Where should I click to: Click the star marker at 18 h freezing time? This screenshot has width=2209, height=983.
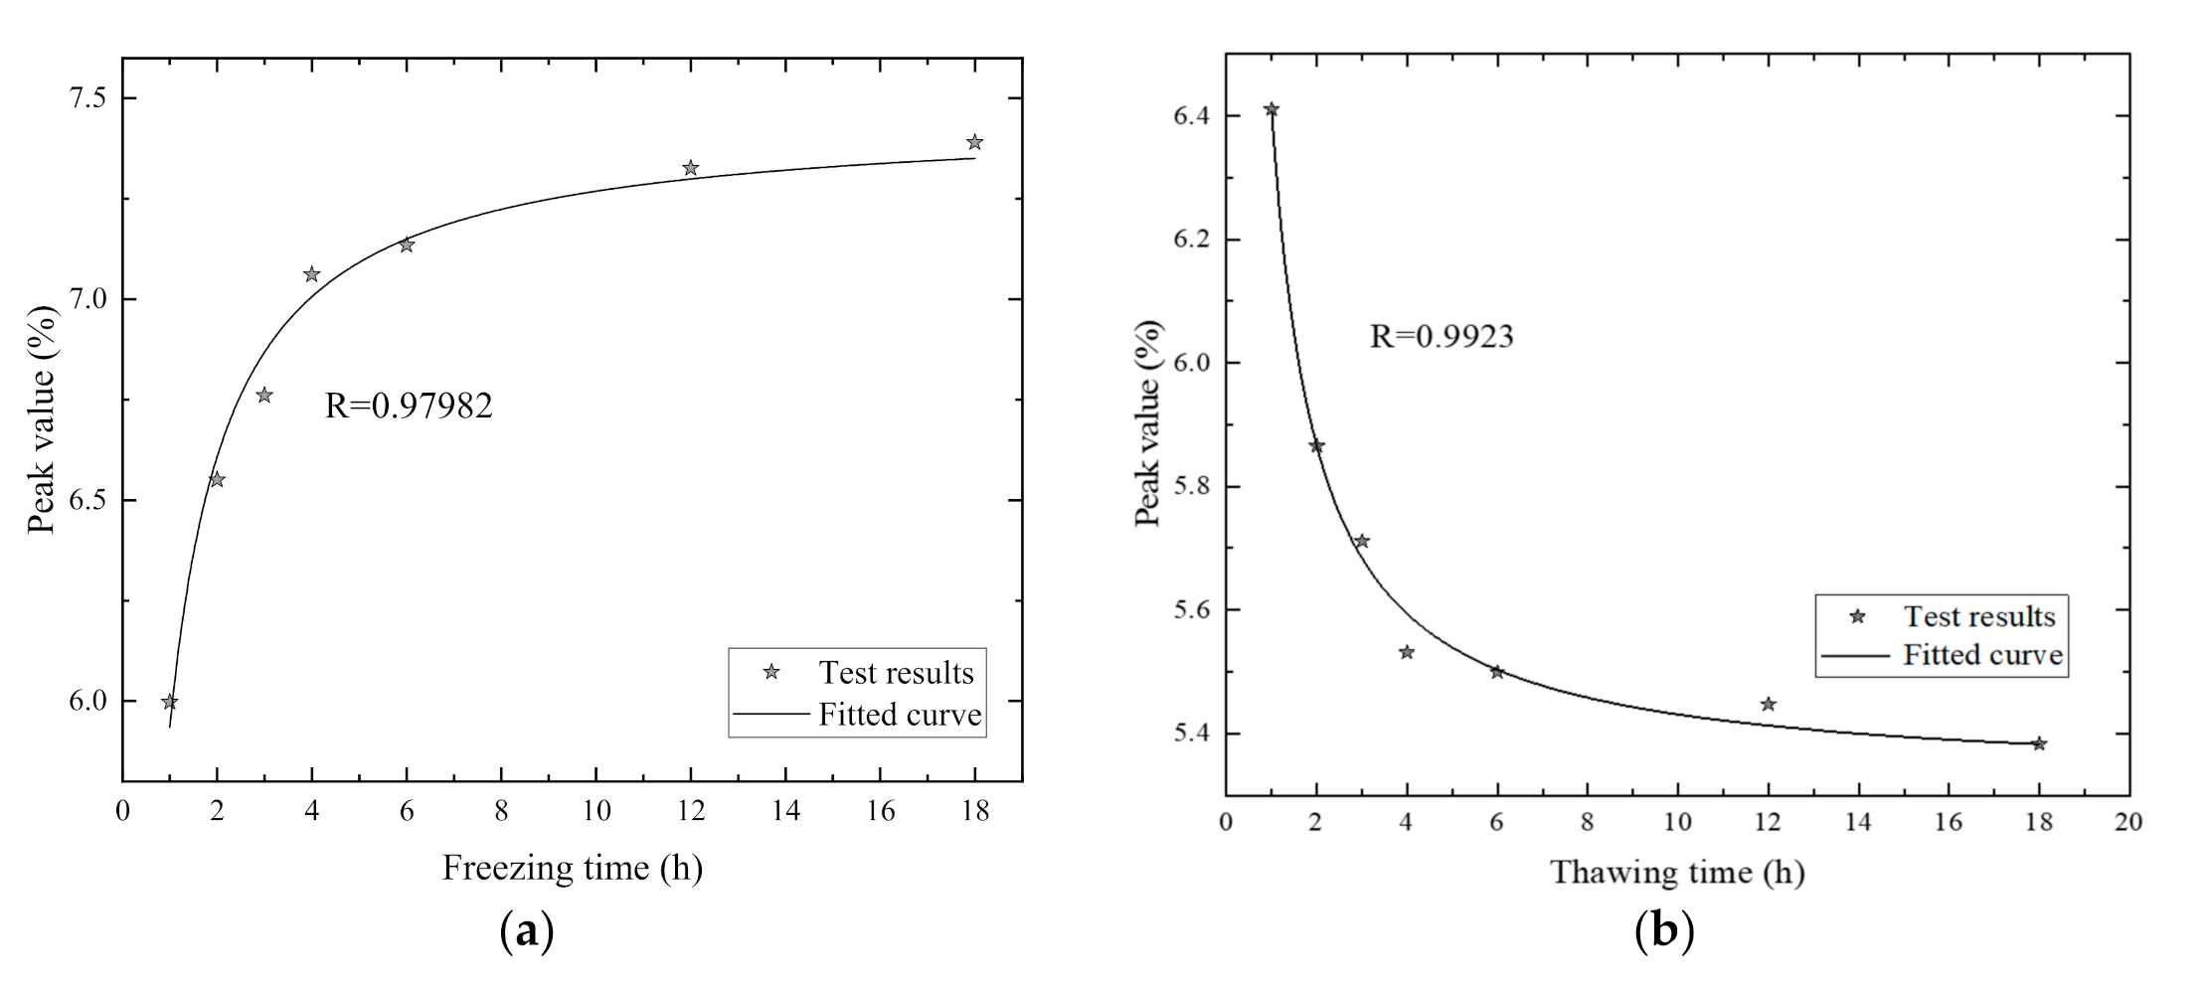(974, 142)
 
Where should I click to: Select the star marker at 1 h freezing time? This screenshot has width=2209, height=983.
(170, 702)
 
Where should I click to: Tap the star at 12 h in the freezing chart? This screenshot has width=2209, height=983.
(690, 168)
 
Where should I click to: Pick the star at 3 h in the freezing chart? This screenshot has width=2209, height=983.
(264, 396)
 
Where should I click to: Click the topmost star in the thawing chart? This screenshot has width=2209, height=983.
(1272, 109)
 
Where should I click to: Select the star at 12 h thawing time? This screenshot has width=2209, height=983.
(1768, 705)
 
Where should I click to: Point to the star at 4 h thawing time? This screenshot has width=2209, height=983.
(1407, 652)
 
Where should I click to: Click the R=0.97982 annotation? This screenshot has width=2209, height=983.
(409, 406)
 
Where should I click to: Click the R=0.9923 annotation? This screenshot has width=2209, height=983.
(1442, 337)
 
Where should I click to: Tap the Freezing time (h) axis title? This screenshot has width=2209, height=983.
(573, 868)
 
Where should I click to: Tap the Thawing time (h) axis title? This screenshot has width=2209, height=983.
(1677, 872)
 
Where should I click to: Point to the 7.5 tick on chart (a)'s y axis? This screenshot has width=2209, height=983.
(88, 98)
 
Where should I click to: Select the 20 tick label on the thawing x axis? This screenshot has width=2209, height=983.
(2127, 822)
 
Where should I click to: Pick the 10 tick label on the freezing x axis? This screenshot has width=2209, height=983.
(595, 811)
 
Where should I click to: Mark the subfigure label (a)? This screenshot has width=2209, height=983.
(524, 933)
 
